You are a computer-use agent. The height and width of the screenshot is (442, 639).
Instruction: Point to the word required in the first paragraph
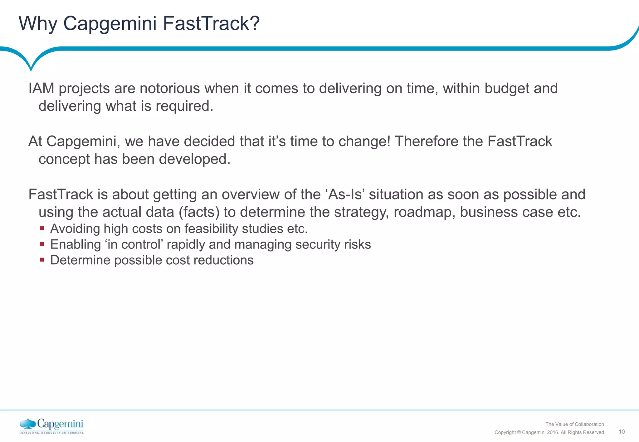[184, 106]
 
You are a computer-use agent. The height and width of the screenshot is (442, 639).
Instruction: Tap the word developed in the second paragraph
[194, 159]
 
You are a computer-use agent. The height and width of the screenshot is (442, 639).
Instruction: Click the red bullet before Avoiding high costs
[42, 228]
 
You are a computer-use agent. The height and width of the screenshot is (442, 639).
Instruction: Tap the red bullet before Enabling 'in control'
[42, 244]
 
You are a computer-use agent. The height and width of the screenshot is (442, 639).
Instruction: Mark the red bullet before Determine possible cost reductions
[42, 260]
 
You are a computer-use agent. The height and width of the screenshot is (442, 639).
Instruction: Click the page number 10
[622, 431]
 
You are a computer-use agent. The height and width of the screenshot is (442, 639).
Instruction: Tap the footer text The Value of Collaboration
[574, 424]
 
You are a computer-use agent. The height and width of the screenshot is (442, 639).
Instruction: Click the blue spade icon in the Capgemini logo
[28, 424]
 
